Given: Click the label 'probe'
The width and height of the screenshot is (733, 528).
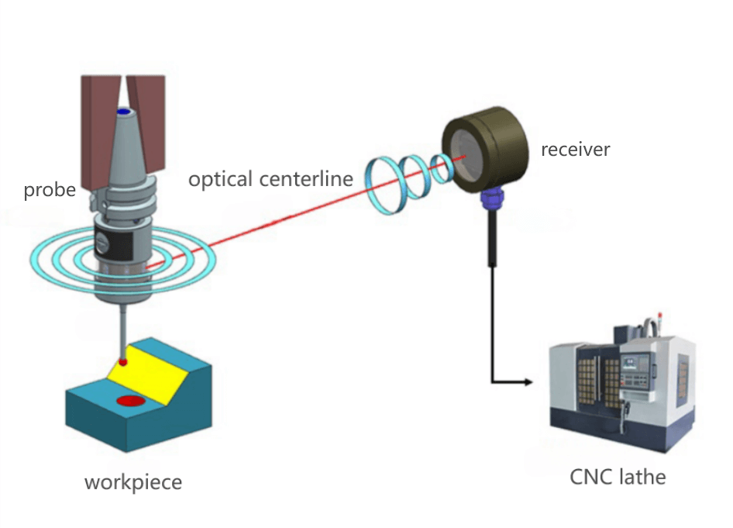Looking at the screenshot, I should [x=50, y=190].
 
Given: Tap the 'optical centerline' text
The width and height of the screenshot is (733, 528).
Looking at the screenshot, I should [x=270, y=179].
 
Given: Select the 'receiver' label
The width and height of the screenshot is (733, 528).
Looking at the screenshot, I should [x=575, y=149].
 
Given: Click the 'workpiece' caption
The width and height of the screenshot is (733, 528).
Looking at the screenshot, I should [x=132, y=482].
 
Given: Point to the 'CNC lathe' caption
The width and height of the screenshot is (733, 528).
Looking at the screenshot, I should [x=618, y=476].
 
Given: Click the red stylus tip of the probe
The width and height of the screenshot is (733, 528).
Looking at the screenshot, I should [x=122, y=362].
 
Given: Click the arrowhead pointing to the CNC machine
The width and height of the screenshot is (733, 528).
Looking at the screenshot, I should [x=529, y=382].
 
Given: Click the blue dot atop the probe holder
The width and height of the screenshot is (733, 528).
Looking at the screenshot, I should [x=122, y=113].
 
